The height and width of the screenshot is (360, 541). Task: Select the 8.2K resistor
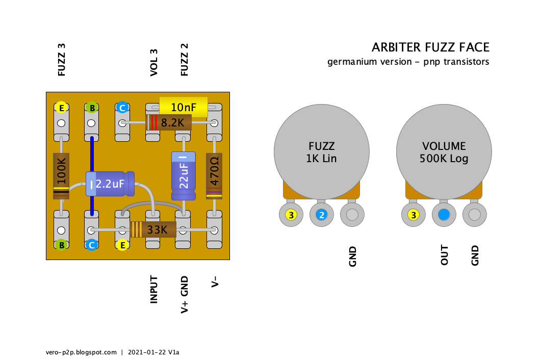coord(169,122)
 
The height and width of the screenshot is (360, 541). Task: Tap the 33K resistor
coord(153,229)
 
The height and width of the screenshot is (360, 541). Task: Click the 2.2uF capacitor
coord(110,184)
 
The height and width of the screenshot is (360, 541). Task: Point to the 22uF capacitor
coord(183,175)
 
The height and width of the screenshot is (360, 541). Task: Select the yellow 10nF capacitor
coord(184,107)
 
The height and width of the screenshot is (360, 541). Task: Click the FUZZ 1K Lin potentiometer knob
coord(321,151)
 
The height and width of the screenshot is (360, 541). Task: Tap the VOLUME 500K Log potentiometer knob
coord(444,151)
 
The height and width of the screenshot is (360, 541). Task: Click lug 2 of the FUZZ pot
coord(321,215)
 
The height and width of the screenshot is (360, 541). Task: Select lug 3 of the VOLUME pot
coord(414,215)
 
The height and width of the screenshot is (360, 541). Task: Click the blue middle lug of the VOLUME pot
coord(444,215)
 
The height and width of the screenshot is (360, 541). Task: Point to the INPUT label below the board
coord(153,290)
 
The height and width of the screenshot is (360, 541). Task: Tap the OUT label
coord(444,255)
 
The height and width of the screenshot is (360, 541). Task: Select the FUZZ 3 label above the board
coord(62,60)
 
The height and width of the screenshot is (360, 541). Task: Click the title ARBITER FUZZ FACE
coord(430,47)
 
